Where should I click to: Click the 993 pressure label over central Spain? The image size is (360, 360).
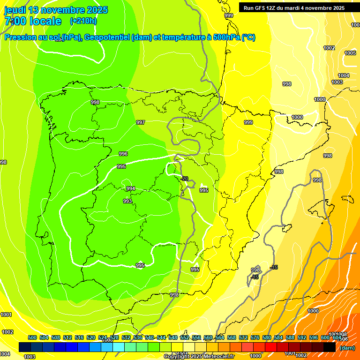pyautogui.click(x=127, y=201)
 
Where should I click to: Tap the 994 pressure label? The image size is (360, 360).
pyautogui.click(x=131, y=188)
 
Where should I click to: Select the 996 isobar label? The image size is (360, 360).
pyautogui.click(x=123, y=154)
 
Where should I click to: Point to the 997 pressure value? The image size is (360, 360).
pyautogui.click(x=141, y=122)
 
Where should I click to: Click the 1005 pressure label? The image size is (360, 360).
pyautogui.click(x=350, y=53)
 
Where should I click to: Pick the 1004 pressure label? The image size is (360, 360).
pyautogui.click(x=344, y=75)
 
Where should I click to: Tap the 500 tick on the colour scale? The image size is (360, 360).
pyautogui.click(x=32, y=337)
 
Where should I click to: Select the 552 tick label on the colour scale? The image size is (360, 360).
pyautogui.click(x=185, y=337)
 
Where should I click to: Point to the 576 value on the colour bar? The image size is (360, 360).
pyautogui.click(x=255, y=337)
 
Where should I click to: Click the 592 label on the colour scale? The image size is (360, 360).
pyautogui.click(x=302, y=337)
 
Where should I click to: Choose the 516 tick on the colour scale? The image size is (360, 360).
pyautogui.click(x=79, y=337)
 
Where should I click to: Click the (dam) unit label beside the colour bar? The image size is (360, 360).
pyautogui.click(x=347, y=348)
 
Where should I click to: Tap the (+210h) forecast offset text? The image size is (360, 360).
pyautogui.click(x=83, y=21)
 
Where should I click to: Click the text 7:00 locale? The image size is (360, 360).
pyautogui.click(x=33, y=21)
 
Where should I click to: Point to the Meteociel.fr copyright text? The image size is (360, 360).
pyautogui.click(x=218, y=357)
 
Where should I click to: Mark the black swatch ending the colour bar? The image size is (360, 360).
pyautogui.click(x=330, y=347)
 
